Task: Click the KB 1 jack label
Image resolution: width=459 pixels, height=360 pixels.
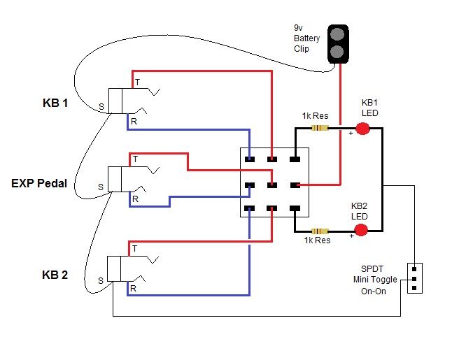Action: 55,103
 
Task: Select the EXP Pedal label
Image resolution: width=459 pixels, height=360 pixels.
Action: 39,184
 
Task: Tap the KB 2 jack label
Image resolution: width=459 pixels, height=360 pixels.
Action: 55,275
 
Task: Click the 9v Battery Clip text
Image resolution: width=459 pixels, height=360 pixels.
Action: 306,39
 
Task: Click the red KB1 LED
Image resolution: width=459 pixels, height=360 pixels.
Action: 362,128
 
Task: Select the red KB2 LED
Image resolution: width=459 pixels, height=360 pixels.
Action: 360,230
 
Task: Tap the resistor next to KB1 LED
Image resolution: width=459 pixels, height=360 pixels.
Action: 320,128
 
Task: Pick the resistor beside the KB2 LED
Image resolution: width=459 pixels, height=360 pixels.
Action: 320,231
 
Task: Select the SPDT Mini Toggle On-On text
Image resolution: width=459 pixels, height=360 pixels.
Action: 377,280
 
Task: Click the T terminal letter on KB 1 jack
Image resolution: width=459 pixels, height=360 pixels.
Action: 137,82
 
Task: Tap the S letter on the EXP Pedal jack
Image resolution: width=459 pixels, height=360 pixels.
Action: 100,187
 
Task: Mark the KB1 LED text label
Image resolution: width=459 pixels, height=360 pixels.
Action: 369,107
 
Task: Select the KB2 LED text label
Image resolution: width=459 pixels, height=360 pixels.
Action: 359,210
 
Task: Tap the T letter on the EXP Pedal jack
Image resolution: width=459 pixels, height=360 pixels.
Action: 135,159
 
